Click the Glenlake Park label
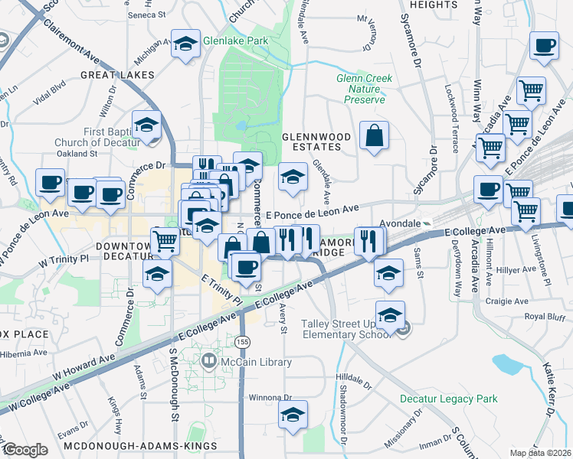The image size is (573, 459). (235, 41)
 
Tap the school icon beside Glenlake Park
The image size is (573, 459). (185, 45)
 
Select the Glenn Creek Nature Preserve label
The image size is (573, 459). (364, 89)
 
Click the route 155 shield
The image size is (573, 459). (243, 340)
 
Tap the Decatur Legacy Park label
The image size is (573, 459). (448, 399)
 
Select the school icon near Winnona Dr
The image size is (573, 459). (293, 415)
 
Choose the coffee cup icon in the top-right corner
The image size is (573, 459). (545, 46)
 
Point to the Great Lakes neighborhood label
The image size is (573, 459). (119, 75)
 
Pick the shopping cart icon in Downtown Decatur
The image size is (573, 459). (165, 242)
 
